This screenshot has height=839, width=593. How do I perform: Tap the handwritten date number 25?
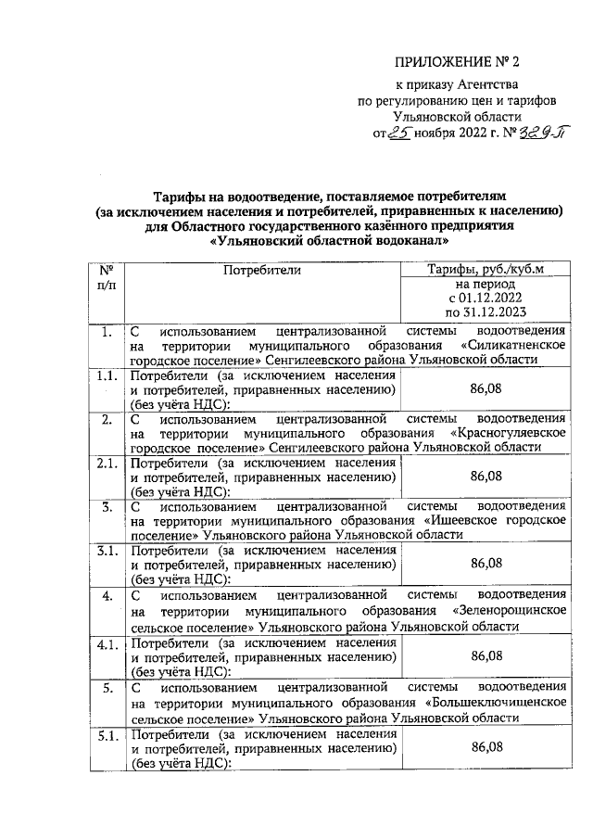(399, 133)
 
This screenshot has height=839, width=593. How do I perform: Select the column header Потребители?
(261, 270)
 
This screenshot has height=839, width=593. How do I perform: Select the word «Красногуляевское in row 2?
(504, 432)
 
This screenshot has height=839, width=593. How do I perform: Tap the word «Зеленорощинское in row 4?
(507, 611)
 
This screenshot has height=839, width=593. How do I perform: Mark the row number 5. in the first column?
(107, 688)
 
